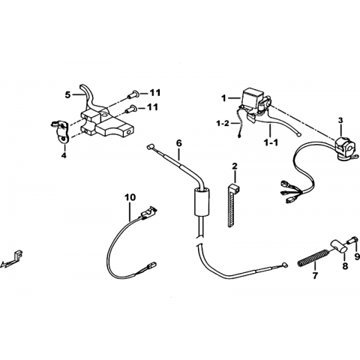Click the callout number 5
[67, 95]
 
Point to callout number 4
[64, 155]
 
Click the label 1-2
[223, 123]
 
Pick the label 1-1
[271, 142]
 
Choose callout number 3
[340, 120]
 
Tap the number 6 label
[179, 143]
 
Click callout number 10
[130, 197]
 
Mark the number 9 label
[357, 256]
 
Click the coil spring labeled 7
[313, 257]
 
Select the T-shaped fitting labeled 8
[337, 246]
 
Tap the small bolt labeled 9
[352, 240]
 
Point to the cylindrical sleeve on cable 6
[202, 202]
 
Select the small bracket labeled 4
[61, 131]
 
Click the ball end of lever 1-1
[298, 134]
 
